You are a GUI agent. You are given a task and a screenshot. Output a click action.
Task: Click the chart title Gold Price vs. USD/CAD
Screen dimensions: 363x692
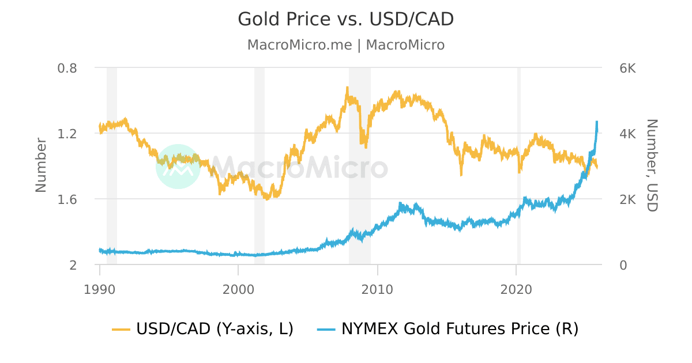click(345, 19)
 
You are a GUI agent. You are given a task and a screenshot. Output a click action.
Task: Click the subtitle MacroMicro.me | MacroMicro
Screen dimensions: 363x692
click(345, 45)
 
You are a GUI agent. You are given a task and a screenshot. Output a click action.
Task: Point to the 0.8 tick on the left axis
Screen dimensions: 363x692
click(67, 68)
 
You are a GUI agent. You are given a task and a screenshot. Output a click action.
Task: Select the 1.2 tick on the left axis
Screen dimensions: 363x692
click(67, 134)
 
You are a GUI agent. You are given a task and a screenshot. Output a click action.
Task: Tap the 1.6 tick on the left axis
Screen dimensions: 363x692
click(67, 199)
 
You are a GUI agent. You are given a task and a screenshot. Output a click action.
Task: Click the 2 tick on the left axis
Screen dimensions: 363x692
click(73, 265)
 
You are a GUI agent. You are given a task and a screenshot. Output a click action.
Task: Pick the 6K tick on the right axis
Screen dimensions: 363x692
click(627, 68)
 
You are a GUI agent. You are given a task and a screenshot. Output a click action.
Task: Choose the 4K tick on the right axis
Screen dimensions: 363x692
click(627, 134)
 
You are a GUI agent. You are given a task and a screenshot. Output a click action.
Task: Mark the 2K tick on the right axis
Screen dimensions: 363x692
click(627, 199)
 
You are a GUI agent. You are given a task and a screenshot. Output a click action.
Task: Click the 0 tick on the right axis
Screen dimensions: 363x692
click(623, 265)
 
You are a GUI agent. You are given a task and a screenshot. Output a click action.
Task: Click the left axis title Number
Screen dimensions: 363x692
click(41, 165)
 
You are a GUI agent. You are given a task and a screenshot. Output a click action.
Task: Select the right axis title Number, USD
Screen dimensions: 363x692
click(652, 165)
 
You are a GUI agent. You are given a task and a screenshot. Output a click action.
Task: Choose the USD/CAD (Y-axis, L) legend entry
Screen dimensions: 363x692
click(203, 329)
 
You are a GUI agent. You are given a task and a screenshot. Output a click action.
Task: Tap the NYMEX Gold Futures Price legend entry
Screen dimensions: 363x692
click(447, 329)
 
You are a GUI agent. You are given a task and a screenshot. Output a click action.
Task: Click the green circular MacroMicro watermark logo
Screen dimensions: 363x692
click(178, 167)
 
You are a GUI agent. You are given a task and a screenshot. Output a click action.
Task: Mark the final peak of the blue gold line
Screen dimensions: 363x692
click(597, 122)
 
